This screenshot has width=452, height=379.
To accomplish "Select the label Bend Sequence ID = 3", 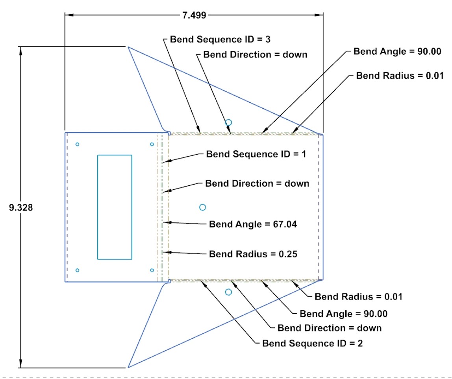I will tap(221, 40).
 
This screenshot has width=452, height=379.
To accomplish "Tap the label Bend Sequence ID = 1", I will tap(256, 154).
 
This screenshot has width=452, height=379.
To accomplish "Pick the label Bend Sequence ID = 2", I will tap(313, 343).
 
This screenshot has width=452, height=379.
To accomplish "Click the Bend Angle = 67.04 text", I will tap(253, 224).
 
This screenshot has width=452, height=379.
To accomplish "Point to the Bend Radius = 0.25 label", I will tap(253, 254).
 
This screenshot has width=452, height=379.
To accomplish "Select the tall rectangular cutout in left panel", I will tap(115, 207).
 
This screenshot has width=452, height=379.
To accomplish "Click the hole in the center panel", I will tap(202, 207).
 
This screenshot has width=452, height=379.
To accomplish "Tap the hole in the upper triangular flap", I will tap(228, 122).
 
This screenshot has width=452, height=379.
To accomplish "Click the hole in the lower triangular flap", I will tap(228, 292).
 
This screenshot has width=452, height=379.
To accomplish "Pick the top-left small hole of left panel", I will tap(78, 144).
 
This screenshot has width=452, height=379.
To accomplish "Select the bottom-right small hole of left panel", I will tap(152, 270).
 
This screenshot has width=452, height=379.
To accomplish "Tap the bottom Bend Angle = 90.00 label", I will tap(344, 314).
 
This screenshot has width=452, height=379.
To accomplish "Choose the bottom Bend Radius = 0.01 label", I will tap(358, 297).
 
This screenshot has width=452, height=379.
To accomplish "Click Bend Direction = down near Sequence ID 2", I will tap(330, 328).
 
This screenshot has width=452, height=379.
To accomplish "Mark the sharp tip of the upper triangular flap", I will tap(128, 47).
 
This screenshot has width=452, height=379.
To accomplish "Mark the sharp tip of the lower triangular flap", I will tap(128, 367).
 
